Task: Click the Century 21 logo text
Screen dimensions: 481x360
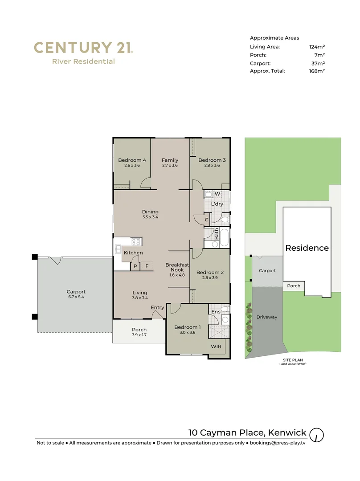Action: coord(83,48)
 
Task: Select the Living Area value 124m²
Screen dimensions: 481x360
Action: coord(317,47)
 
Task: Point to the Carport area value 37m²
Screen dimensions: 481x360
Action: coord(318,63)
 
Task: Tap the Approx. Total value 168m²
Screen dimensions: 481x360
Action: coord(317,71)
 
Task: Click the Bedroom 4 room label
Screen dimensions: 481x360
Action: coord(132,160)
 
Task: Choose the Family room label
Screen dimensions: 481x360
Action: coord(170,160)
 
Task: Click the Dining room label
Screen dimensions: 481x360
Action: coord(150,212)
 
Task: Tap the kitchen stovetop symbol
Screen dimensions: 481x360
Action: coord(136,242)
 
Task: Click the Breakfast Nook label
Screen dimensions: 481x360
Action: coord(177,267)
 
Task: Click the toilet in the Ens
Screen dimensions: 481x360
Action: coord(225,310)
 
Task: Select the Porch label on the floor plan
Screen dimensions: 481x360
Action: coord(139,330)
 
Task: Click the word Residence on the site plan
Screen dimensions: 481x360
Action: coord(307,248)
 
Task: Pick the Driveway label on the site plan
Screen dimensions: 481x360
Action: coord(267,317)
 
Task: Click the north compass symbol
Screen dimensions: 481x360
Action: coord(316,434)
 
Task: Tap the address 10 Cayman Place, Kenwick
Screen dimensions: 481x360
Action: coord(247,432)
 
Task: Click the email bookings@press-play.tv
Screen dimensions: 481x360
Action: coord(278,443)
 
